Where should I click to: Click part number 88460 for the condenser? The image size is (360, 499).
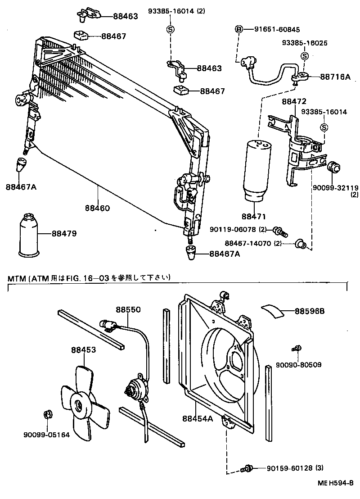[x=97, y=209]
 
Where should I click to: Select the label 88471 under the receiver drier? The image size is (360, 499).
[x=254, y=217]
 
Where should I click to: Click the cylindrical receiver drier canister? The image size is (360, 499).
[x=256, y=171]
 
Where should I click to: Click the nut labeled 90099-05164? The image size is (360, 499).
[x=47, y=415]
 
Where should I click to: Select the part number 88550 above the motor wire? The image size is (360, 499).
[x=128, y=310]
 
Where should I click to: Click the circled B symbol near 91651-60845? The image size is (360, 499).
[x=239, y=30]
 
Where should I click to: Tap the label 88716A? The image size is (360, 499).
[x=335, y=77]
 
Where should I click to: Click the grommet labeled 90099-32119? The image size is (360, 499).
[x=333, y=166]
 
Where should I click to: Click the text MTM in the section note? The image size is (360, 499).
[x=16, y=278]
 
